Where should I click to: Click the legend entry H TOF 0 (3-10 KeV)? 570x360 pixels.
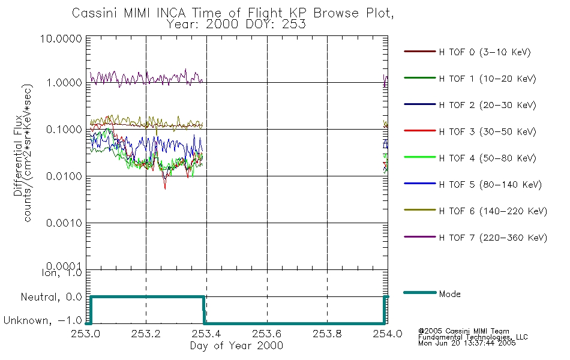[x=485, y=52]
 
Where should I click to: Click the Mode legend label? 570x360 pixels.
[x=449, y=294]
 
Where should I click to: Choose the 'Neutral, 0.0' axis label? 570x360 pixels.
[x=51, y=297]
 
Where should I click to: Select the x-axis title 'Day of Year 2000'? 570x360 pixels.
[x=236, y=346]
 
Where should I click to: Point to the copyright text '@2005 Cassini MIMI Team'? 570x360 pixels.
[x=464, y=331]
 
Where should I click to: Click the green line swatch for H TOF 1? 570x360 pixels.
[x=419, y=78]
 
